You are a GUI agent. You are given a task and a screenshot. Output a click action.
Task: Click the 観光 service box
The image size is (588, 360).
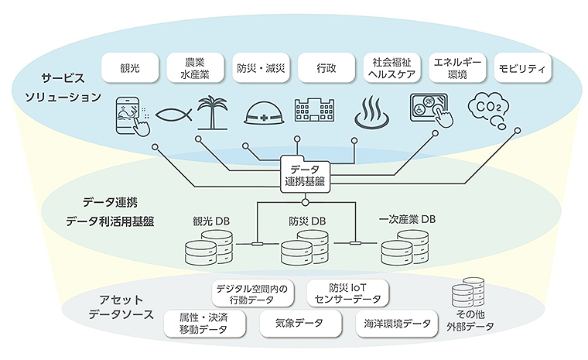(129, 68)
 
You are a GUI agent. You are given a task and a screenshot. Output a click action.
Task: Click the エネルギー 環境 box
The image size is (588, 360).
(456, 68)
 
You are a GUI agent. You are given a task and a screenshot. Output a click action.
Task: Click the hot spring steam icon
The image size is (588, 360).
(369, 115)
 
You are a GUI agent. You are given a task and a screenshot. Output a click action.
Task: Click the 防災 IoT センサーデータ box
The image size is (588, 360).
(348, 292)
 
